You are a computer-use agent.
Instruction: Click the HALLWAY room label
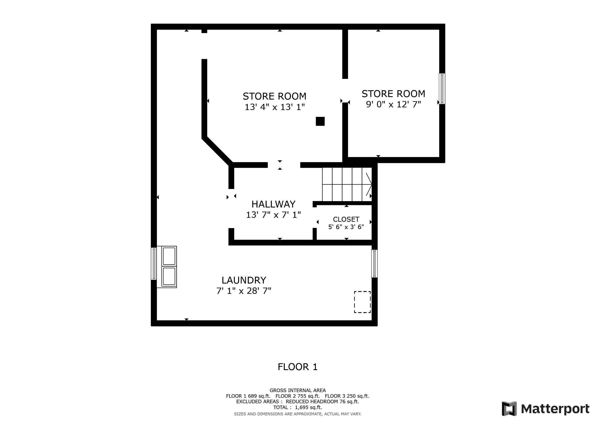click(273, 204)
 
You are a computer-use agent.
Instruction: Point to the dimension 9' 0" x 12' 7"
click(393, 104)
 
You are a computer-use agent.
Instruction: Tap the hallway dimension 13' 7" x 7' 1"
click(273, 215)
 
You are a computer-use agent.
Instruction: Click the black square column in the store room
click(320, 121)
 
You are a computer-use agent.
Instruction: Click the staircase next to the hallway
click(347, 184)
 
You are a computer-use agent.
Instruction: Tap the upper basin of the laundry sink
click(169, 256)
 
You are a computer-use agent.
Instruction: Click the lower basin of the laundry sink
click(169, 276)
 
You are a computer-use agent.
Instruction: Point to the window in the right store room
click(442, 89)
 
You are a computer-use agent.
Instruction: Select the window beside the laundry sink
click(154, 264)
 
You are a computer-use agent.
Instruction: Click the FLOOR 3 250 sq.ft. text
click(347, 396)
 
